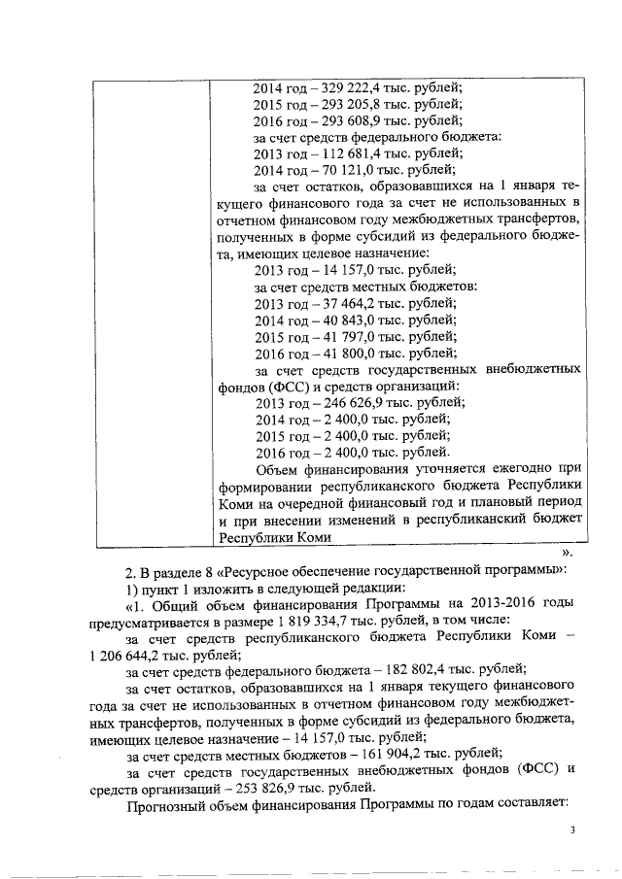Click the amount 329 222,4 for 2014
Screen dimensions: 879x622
342,85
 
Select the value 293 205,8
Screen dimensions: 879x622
342,103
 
